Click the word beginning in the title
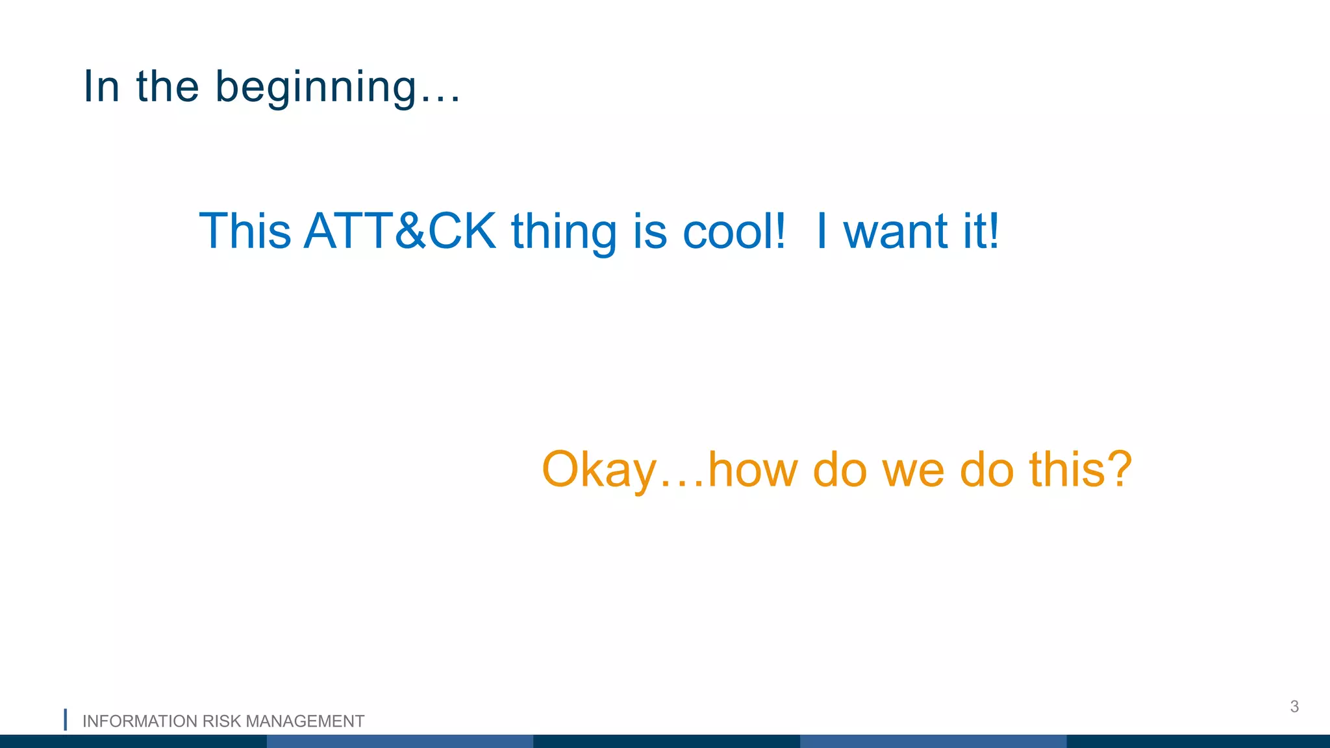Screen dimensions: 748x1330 coord(316,87)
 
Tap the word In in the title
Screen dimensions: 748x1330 coord(102,86)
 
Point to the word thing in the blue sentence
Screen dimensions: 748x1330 coord(564,232)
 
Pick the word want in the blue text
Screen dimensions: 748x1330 coord(896,232)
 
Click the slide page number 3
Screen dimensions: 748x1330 coord(1294,706)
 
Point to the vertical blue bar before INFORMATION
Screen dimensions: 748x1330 coord(66,720)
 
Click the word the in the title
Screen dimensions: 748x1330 coord(168,86)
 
